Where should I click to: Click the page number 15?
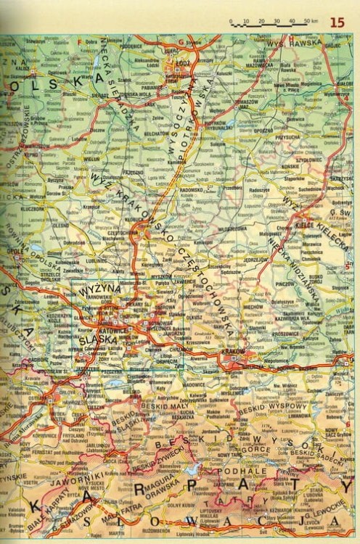tap(337, 22)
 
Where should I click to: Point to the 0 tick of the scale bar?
tap(231, 22)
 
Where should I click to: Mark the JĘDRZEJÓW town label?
tap(256, 259)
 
